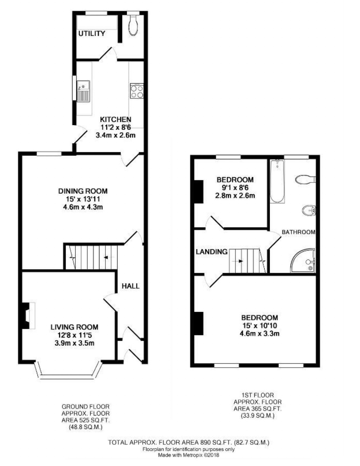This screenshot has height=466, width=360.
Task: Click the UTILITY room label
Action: click(x=92, y=34)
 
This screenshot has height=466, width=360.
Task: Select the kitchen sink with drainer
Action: click(x=83, y=91)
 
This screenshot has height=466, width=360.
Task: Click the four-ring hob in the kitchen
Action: click(x=137, y=91)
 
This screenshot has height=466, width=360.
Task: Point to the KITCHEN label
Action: click(x=116, y=119)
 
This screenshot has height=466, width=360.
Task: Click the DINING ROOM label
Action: click(x=83, y=191)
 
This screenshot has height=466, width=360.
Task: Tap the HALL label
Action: click(x=130, y=286)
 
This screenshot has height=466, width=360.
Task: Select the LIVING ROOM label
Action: click(x=74, y=327)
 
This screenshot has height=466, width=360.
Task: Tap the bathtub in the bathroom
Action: click(x=277, y=181)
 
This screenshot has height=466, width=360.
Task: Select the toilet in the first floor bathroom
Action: click(x=305, y=179)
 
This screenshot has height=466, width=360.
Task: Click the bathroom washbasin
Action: click(x=309, y=210)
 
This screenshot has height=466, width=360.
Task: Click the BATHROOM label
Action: click(x=298, y=232)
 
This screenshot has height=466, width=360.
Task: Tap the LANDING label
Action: click(x=212, y=252)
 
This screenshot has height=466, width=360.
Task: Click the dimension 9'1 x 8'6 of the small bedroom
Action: click(x=235, y=188)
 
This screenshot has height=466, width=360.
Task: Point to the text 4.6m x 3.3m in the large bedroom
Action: click(x=259, y=333)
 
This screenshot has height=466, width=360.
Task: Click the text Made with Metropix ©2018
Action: click(x=189, y=455)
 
